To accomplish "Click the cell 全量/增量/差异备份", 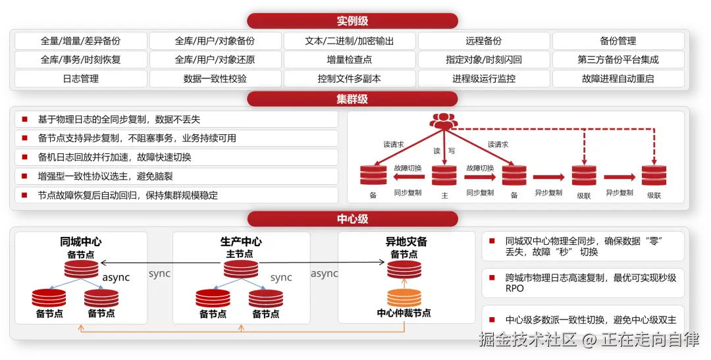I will [x=81, y=41].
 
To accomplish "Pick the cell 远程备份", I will [x=484, y=41].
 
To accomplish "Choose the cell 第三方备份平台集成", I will [x=618, y=60].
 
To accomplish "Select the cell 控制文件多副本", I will [x=350, y=79].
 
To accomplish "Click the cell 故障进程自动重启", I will [x=618, y=79].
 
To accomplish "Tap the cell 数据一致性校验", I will [x=215, y=79].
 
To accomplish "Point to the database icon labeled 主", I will [x=444, y=176].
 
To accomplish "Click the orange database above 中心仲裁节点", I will [x=404, y=297].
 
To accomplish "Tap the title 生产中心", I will [x=241, y=242].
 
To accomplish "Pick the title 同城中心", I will [x=81, y=242].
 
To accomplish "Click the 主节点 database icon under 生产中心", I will [x=241, y=269].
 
